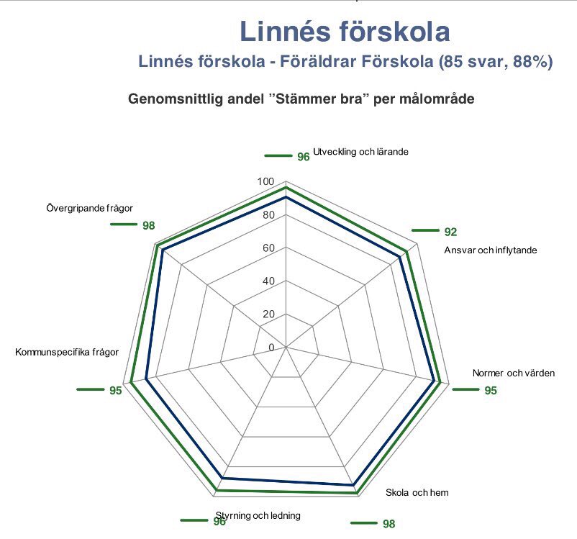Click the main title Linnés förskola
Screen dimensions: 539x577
point(345,32)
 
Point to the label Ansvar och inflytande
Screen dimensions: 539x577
point(491,250)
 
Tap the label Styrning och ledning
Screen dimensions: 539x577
point(258,515)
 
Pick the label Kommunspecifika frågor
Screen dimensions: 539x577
point(67,352)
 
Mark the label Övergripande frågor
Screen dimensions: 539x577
point(89,209)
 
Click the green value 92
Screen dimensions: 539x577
point(450,232)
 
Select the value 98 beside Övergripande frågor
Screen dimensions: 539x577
point(149,225)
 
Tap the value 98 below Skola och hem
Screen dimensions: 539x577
point(389,524)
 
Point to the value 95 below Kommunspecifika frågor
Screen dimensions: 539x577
point(116,391)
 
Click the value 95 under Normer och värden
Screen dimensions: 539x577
point(491,391)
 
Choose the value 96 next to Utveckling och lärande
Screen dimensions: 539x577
point(303,156)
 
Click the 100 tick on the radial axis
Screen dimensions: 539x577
point(265,183)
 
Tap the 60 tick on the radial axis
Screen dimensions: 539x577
point(268,248)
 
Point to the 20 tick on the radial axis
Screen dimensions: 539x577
point(268,314)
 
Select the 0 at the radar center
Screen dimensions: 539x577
point(271,348)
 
